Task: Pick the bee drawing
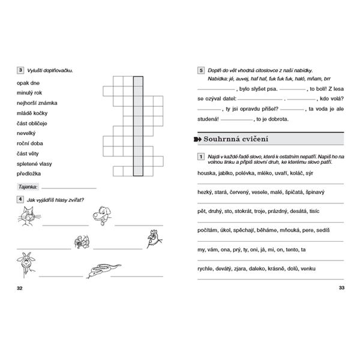pos(81,241)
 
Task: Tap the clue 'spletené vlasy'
pos(34,164)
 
